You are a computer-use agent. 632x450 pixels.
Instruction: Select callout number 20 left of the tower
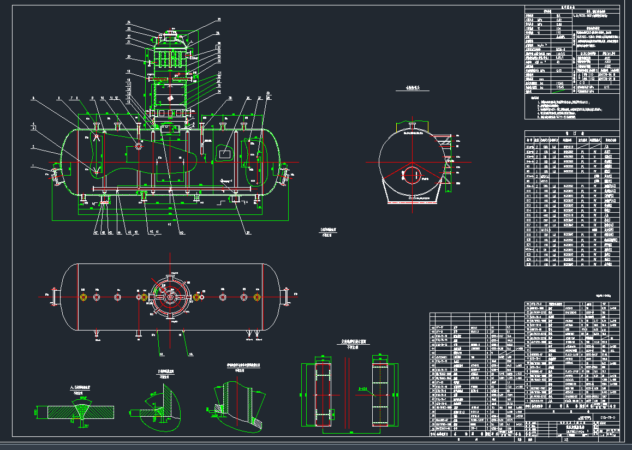(x=128, y=56)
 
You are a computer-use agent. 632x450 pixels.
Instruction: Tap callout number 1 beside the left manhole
(x=32, y=165)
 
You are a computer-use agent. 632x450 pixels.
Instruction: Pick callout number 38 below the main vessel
(x=248, y=233)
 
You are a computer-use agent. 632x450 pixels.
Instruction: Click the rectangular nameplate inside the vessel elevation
(x=224, y=154)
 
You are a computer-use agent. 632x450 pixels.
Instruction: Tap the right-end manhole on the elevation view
(x=285, y=176)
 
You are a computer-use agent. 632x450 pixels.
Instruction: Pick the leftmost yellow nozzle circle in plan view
(x=83, y=297)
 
